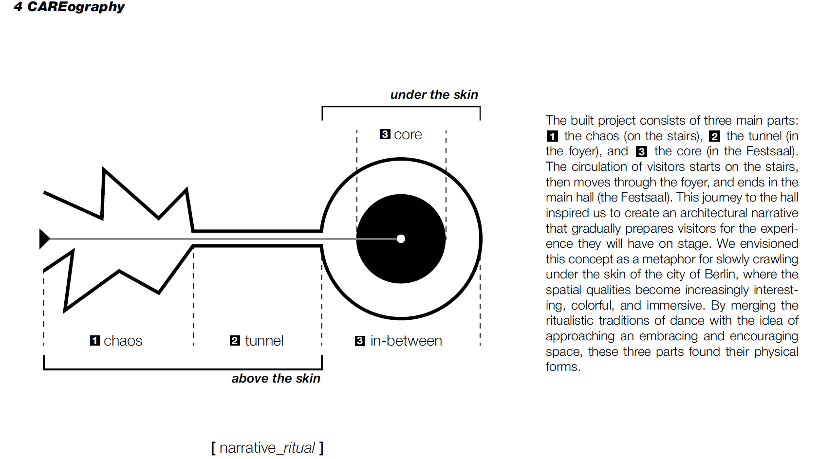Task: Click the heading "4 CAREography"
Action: pyautogui.click(x=69, y=7)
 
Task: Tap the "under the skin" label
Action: pyautogui.click(x=434, y=94)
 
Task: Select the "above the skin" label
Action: pyautogui.click(x=276, y=378)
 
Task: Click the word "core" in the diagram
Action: pyautogui.click(x=408, y=134)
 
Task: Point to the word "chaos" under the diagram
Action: pyautogui.click(x=123, y=341)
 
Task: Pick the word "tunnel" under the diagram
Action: pyautogui.click(x=264, y=341)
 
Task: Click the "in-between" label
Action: pyautogui.click(x=406, y=341)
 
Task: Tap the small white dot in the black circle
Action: pyautogui.click(x=401, y=239)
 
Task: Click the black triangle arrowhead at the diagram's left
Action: pyautogui.click(x=44, y=239)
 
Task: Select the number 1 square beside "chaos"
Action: pyautogui.click(x=95, y=341)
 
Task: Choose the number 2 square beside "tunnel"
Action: pyautogui.click(x=235, y=341)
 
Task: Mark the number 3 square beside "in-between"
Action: pyautogui.click(x=360, y=341)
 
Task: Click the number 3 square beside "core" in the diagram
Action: pyautogui.click(x=385, y=134)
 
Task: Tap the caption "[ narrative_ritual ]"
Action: pyautogui.click(x=267, y=447)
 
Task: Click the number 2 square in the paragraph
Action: pyautogui.click(x=714, y=136)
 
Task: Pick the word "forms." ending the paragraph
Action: pyautogui.click(x=563, y=367)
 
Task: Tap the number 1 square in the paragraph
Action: pyautogui.click(x=552, y=136)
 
